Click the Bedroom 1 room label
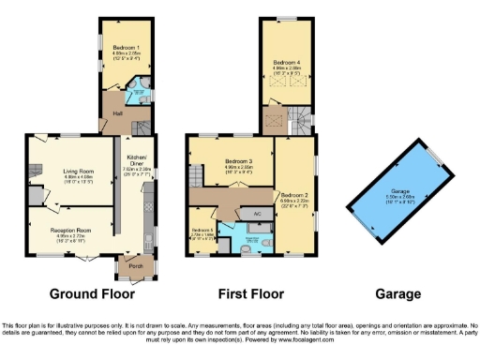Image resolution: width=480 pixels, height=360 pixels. [x=127, y=46]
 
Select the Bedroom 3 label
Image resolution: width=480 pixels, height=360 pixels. [x=231, y=162]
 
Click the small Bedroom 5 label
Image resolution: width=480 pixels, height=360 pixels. [x=202, y=230]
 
